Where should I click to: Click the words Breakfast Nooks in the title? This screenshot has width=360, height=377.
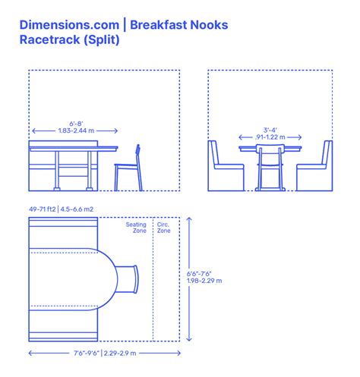(x=178, y=25)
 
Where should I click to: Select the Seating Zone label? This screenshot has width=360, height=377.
(x=137, y=228)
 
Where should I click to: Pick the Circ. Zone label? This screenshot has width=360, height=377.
(x=163, y=228)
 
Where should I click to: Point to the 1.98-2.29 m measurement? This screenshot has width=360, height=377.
(x=204, y=281)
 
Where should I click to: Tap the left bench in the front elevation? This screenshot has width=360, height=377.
(x=226, y=168)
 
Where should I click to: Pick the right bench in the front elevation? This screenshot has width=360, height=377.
(x=316, y=168)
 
